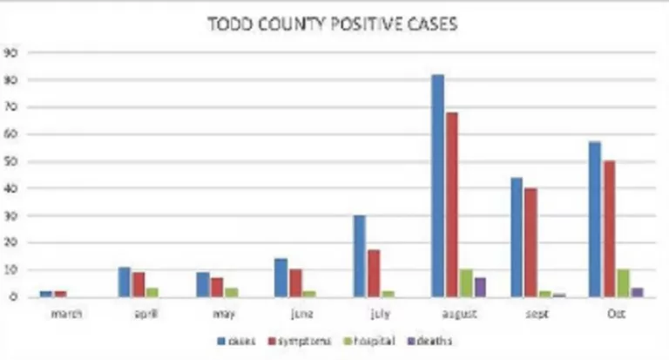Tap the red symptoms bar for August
tap(451, 205)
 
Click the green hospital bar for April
tap(152, 293)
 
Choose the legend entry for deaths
tap(436, 341)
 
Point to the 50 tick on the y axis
tap(10, 162)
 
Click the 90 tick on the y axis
tap(10, 52)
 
